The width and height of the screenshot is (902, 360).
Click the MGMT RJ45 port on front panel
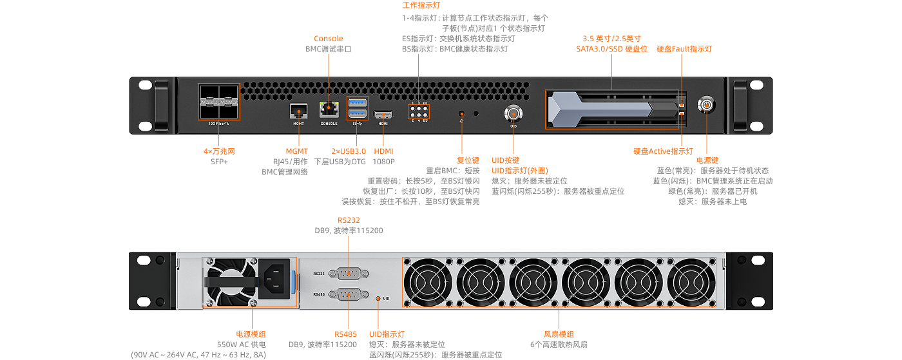click(x=299, y=110)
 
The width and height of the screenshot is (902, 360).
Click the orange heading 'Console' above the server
click(x=329, y=39)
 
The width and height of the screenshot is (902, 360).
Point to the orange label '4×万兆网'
click(x=219, y=151)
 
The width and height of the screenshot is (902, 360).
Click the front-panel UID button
click(x=513, y=113)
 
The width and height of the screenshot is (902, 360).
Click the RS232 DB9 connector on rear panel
click(x=349, y=273)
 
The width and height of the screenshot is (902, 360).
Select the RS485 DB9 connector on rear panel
click(x=349, y=294)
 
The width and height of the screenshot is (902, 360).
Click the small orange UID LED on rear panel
click(x=378, y=298)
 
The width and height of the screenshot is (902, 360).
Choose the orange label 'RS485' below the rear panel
click(x=345, y=334)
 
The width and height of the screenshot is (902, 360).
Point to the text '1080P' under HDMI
click(x=384, y=162)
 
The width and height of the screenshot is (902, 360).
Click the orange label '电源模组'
click(x=251, y=334)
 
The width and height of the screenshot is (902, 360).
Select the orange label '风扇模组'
click(x=559, y=334)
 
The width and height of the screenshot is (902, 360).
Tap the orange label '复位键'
click(x=468, y=160)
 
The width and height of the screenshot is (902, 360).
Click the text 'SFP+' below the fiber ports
click(x=220, y=162)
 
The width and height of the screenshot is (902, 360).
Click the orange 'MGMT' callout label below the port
click(x=297, y=151)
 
